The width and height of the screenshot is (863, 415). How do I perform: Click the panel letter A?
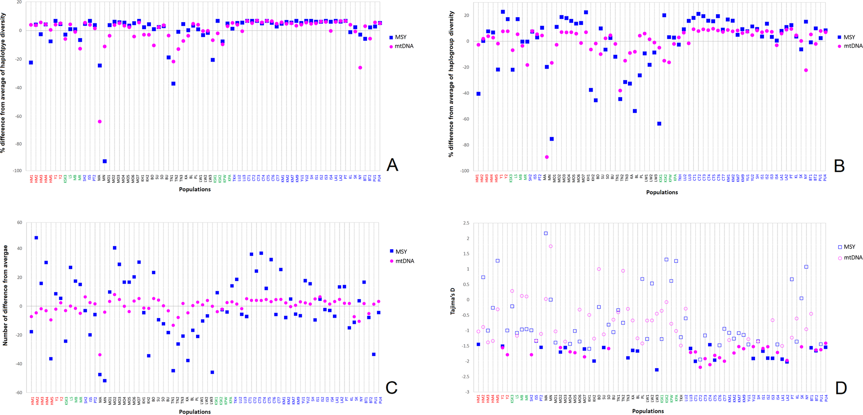392,165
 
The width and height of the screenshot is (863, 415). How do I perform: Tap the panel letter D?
840,388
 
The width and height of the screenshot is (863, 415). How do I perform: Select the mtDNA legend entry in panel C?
404,261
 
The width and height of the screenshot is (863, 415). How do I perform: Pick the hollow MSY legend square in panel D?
840,247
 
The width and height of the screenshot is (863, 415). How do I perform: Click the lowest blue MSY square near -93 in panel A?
104,161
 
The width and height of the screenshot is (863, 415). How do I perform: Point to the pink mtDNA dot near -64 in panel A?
100,122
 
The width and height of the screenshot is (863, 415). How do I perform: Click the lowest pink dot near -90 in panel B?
547,157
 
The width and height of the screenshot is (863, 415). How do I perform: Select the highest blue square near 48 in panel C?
36,238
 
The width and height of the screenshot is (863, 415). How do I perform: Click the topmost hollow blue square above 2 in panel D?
546,233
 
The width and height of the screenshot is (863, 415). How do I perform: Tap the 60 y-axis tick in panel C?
19,223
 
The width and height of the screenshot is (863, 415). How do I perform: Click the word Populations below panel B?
662,192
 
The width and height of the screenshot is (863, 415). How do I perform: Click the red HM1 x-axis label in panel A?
31,178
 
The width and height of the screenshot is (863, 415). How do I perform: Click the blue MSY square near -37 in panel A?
173,84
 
